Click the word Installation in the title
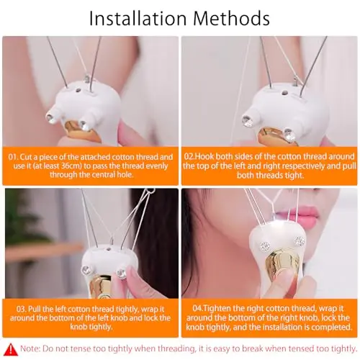[138, 18]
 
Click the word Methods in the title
[231, 18]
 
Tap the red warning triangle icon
[11, 349]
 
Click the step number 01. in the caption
[13, 157]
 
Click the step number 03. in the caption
[22, 309]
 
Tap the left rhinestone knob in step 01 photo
[50, 118]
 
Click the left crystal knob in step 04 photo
[265, 246]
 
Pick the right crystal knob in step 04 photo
[300, 241]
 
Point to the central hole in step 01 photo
[78, 91]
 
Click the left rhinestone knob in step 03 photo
[85, 270]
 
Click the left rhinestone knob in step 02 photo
[247, 121]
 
